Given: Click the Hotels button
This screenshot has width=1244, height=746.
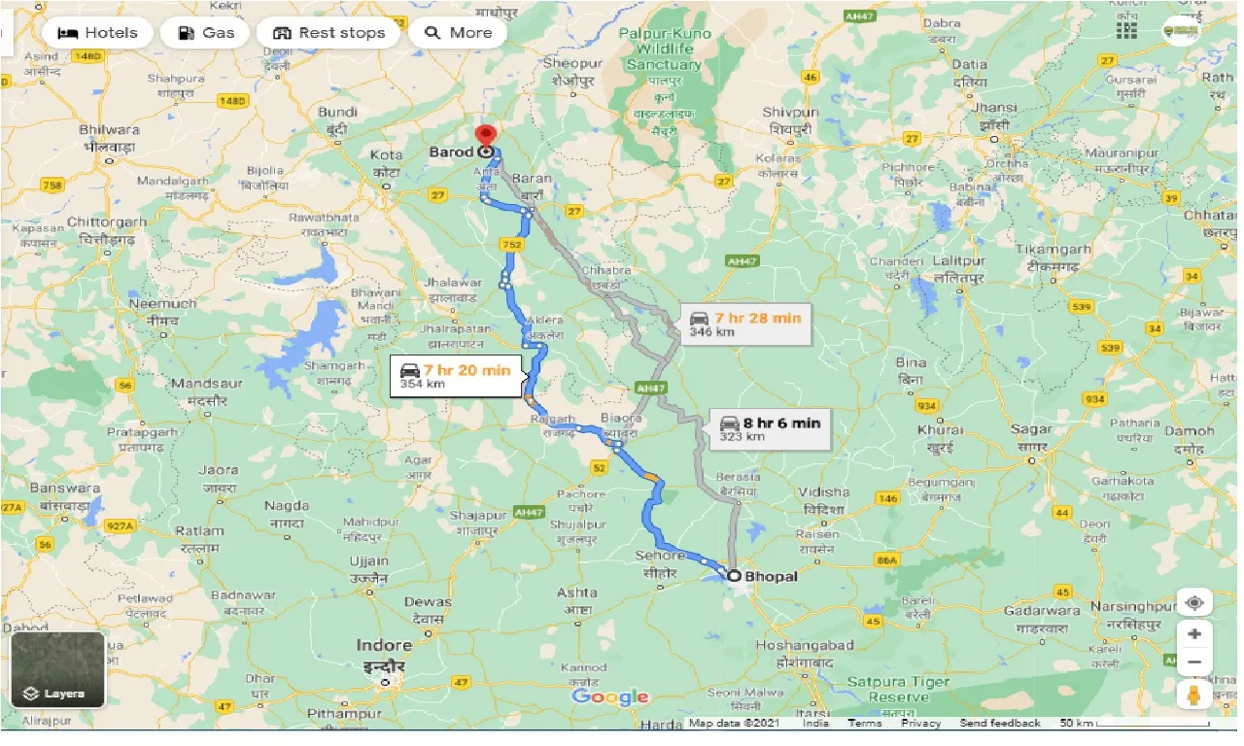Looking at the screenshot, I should pos(97,33).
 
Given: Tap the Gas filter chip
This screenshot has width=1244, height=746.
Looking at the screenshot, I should pos(206,33).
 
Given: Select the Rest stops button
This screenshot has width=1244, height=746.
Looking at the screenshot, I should pos(328,33).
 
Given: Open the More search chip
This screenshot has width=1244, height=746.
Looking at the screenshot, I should pos(459,33).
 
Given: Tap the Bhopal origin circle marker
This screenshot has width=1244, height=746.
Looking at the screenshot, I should pos(735,576).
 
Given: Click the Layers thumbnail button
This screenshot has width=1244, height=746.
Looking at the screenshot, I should pos(57,668).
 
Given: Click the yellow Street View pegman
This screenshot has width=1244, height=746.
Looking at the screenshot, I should pos(1193,695).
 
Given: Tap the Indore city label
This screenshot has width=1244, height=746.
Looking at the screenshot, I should pos(384,646).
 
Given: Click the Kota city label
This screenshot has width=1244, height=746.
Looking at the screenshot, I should pos(387,154).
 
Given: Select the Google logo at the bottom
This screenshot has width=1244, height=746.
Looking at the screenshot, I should pos(609,696).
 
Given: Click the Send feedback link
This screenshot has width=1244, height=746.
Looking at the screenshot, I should pos(1000,724).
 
